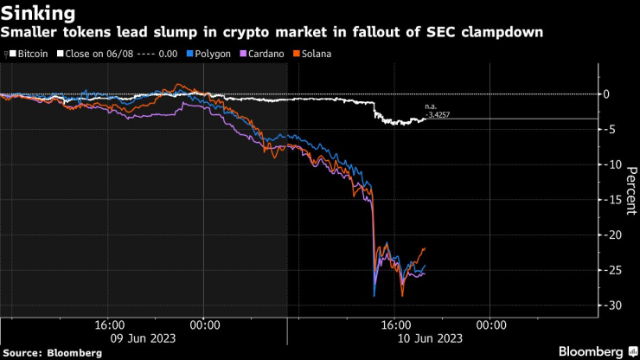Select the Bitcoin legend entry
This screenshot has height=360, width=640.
(x=29, y=54)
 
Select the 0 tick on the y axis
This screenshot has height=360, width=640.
(x=608, y=94)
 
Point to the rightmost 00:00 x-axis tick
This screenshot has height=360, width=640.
(x=490, y=325)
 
